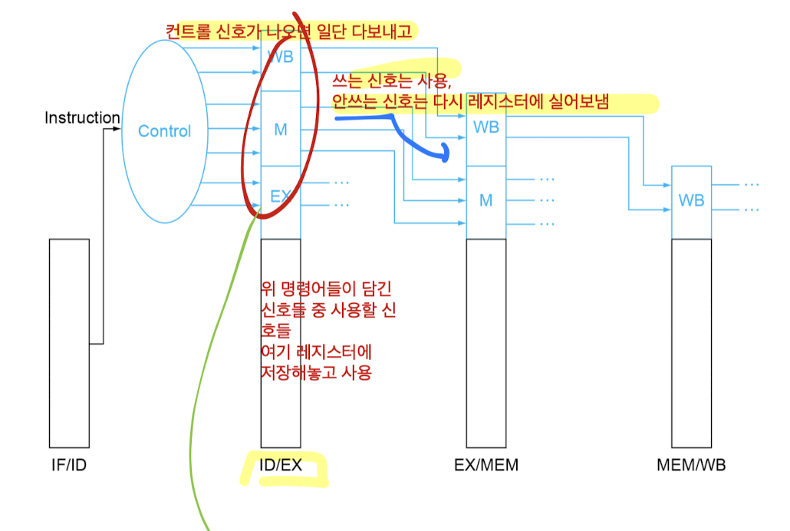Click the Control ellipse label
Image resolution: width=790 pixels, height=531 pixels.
click(x=164, y=131)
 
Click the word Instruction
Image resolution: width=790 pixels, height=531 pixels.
click(x=82, y=118)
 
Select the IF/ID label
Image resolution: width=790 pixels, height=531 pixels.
click(x=69, y=465)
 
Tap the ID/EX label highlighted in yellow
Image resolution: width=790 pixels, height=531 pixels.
click(x=281, y=466)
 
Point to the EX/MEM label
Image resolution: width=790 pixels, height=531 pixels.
click(x=486, y=466)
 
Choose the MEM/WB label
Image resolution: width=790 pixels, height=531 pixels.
click(x=691, y=466)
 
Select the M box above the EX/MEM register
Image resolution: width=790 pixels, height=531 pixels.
click(x=486, y=201)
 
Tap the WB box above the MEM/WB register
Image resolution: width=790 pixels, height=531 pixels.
click(x=691, y=201)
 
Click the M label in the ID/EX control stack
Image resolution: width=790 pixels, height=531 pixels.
click(x=280, y=130)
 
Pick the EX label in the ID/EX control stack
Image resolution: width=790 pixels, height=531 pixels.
click(x=280, y=196)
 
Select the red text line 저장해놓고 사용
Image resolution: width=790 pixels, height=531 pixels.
click(x=317, y=373)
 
